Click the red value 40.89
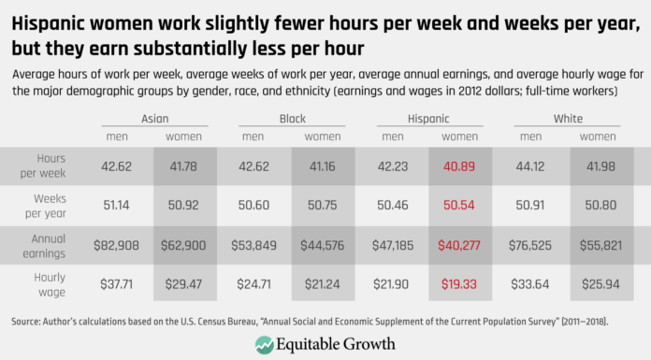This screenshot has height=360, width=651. (x=455, y=166)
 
